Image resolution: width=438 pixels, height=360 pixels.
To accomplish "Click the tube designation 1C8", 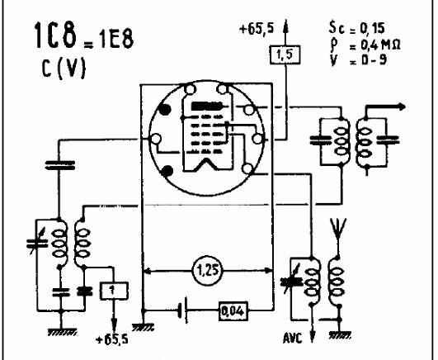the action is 55,36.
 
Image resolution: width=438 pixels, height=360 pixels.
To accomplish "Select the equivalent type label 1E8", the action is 115,40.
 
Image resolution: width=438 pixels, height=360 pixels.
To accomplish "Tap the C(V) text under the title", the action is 64,69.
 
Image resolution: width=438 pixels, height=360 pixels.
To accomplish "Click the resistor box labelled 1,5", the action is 285,54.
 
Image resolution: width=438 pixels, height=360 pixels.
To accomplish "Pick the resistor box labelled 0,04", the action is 233,310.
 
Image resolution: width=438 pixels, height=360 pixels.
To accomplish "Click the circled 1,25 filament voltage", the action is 207,271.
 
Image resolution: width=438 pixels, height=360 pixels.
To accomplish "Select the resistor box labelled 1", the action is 114,291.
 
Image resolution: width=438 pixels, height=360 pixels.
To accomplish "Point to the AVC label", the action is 293,339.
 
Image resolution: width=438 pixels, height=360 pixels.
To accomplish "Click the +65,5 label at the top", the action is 257,29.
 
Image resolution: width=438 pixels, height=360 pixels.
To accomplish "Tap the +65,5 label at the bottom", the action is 111,339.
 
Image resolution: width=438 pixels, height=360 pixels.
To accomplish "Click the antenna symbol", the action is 338,228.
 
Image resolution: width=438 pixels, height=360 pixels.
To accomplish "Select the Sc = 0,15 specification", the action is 356,28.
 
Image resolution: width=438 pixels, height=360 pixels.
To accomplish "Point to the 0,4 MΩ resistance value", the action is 380,45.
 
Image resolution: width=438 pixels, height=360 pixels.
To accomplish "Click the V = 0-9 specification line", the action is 358,59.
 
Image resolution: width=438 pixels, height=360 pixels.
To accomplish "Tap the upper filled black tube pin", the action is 164,110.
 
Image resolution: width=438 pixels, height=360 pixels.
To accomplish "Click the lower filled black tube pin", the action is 167,171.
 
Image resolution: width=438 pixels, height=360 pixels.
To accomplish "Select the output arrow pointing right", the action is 385,107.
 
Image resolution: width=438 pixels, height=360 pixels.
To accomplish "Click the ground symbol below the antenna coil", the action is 340,334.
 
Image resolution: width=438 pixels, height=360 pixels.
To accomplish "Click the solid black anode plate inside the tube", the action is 206,106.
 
